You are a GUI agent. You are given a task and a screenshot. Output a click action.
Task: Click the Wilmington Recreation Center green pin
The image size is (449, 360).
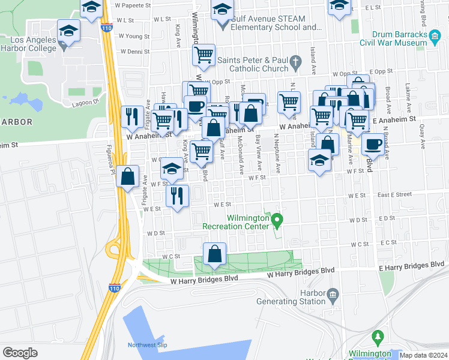tap(277, 221)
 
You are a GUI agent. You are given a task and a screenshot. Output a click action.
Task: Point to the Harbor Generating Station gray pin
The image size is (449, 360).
tap(333, 293)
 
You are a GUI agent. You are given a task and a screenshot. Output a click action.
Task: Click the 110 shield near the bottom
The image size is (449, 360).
tap(115, 287)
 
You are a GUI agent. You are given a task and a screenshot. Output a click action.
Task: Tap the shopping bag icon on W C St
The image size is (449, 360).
tap(215, 254)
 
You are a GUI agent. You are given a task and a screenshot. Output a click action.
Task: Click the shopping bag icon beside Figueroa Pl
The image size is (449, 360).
tap(128, 176)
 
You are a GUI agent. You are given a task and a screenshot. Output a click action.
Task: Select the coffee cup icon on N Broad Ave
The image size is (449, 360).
tap(373, 144)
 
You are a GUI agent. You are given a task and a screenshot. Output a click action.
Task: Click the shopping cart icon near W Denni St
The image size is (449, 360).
tap(204, 55)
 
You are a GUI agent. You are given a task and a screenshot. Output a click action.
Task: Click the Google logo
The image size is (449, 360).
tap(20, 353)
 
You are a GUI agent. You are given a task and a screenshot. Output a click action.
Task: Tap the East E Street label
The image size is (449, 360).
tap(394, 194)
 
